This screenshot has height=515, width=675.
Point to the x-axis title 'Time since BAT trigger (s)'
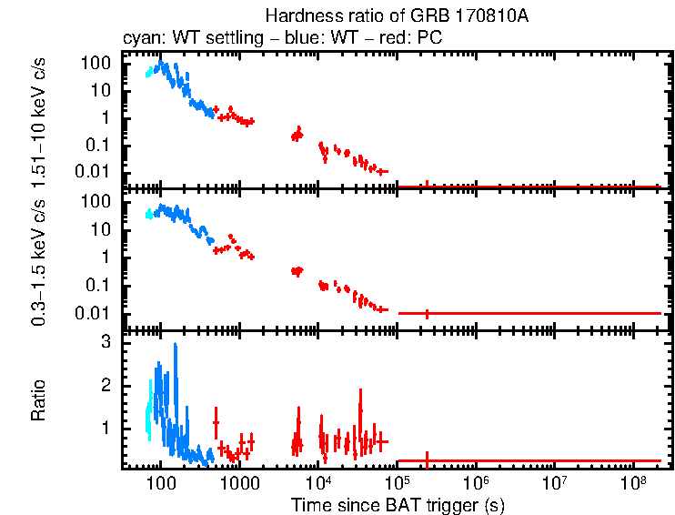397,504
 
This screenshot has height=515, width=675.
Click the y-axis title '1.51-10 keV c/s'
40,120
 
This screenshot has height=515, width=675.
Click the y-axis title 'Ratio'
40,401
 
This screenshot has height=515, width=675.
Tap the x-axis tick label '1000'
239,482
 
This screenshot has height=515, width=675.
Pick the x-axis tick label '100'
161,482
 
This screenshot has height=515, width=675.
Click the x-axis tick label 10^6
475,481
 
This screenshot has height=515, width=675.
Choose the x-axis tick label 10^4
317,481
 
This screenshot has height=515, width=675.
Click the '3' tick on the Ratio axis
106,342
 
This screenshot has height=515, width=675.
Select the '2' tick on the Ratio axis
106,385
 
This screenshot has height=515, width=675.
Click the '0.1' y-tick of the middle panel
100,285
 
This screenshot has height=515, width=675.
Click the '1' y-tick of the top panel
106,117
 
